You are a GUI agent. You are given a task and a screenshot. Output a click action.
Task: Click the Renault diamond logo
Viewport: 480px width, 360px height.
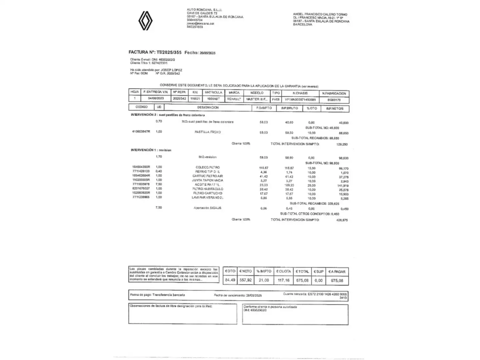[145, 21]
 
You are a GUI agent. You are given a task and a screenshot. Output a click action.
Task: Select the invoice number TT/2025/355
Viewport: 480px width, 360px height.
[169, 52]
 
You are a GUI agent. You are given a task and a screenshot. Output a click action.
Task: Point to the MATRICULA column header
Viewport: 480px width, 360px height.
[213, 92]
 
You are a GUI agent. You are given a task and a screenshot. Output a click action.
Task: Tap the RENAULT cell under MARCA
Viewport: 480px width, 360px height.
[234, 99]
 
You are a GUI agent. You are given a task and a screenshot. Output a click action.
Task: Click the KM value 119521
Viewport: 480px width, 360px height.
[195, 99]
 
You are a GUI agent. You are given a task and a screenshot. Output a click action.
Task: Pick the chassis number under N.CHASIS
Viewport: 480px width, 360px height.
[300, 99]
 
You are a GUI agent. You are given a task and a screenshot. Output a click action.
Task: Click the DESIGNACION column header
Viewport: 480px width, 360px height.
[208, 107]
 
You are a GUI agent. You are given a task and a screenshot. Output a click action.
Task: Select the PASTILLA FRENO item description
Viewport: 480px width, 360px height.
[208, 132]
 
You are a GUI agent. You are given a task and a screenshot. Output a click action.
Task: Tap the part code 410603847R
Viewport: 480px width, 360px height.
[141, 132]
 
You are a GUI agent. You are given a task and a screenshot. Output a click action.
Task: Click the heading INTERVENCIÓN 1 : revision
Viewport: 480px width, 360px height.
[151, 150]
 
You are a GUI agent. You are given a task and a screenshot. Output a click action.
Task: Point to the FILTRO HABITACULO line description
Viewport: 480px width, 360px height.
[208, 189]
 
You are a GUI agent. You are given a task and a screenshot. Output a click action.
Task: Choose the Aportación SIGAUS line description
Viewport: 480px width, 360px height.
[207, 208]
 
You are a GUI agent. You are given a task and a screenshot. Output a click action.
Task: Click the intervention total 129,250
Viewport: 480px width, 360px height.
[342, 144]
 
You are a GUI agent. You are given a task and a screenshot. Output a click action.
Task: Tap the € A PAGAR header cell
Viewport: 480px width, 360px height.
[337, 272]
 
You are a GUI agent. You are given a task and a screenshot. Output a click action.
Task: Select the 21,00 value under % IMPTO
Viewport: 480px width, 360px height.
[264, 280]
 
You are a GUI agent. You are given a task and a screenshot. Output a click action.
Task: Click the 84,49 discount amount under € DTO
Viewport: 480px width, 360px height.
[230, 280]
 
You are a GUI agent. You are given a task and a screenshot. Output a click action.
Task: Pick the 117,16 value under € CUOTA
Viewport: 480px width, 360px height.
[283, 280]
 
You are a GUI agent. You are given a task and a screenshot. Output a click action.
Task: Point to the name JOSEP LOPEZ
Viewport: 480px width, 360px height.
[171, 70]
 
